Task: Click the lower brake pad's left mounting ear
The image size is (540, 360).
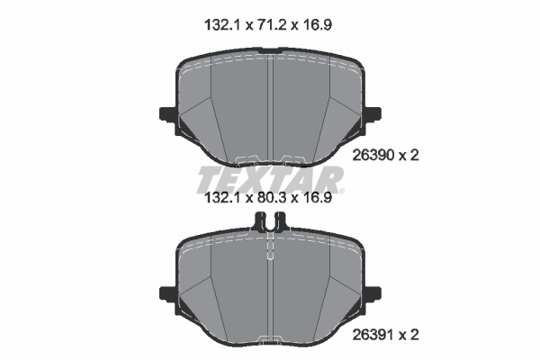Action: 168,292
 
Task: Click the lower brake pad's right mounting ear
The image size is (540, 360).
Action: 373,292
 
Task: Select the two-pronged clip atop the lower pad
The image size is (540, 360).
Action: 271,220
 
